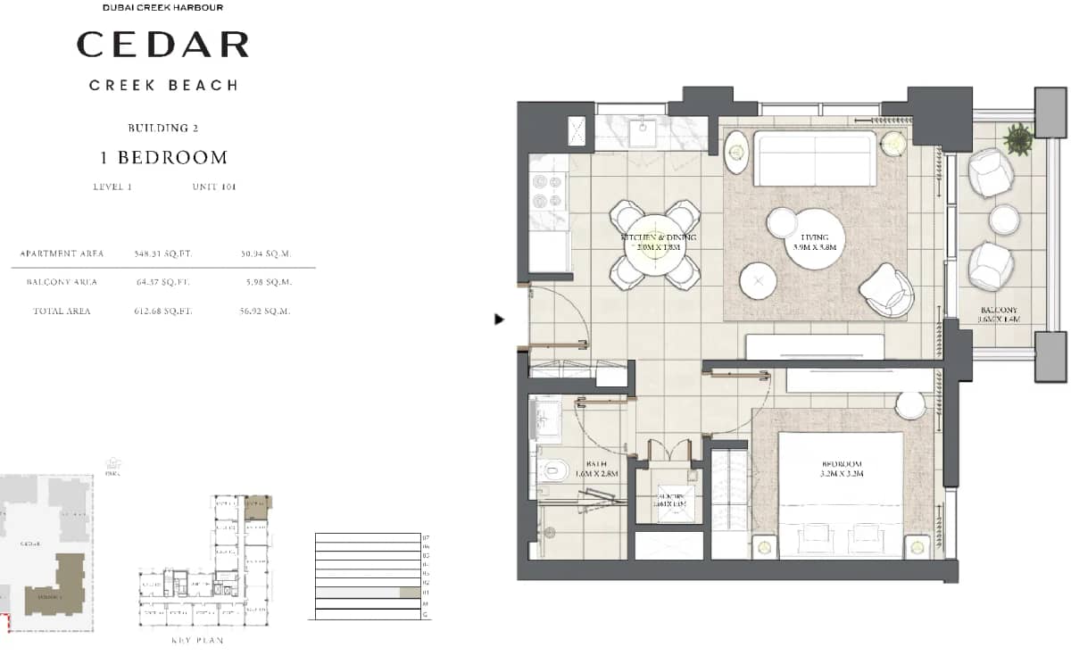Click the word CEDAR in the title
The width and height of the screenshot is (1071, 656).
[162, 45]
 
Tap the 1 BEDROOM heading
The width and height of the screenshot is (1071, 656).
[163, 158]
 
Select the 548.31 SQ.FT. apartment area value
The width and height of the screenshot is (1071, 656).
[163, 253]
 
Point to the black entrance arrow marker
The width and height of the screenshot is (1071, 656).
[500, 319]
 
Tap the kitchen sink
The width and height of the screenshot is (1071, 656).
[643, 133]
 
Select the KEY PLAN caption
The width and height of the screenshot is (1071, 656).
[197, 640]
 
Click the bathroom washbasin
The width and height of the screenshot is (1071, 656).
[545, 420]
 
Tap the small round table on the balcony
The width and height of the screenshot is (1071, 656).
[1004, 218]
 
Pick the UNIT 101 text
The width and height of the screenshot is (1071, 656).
[214, 187]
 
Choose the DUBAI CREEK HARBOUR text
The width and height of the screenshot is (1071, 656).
[162, 8]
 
